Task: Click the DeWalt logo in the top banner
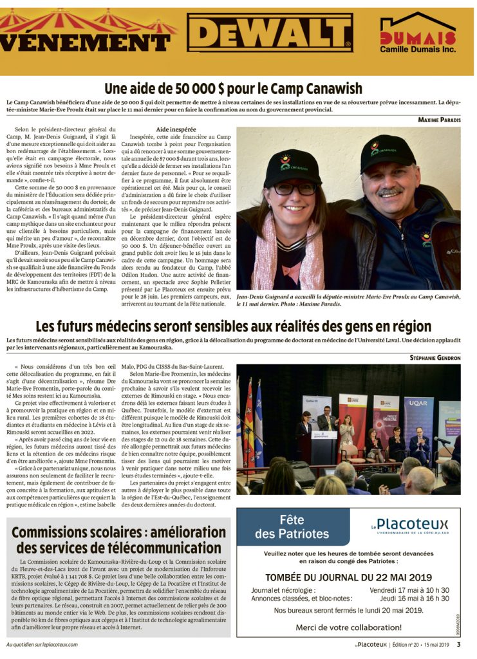(270, 33)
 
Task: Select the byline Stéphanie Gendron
(435, 357)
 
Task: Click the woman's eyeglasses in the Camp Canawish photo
(295, 189)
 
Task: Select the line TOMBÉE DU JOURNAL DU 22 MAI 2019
(348, 577)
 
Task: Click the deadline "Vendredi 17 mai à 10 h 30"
(409, 590)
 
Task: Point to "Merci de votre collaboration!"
(348, 627)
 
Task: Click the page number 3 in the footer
(458, 644)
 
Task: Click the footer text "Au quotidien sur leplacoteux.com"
(42, 644)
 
